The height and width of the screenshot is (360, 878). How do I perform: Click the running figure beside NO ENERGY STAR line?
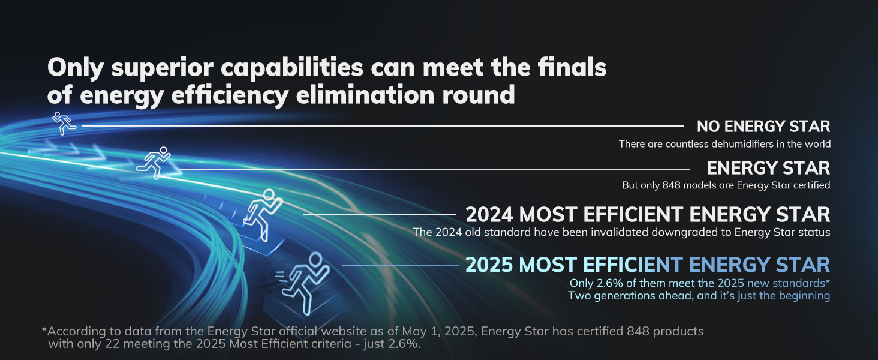pyautogui.click(x=64, y=123)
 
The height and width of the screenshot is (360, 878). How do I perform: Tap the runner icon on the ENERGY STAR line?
pyautogui.click(x=154, y=163)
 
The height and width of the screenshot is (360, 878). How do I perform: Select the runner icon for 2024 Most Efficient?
pyautogui.click(x=262, y=215)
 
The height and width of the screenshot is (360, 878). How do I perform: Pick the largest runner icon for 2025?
pyautogui.click(x=303, y=283)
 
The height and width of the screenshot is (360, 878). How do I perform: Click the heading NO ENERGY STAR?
pyautogui.click(x=763, y=126)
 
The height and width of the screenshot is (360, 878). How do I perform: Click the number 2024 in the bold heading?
pyautogui.click(x=489, y=215)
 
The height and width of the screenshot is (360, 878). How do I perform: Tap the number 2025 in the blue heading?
pyautogui.click(x=489, y=265)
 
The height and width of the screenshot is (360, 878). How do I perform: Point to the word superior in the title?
pyautogui.click(x=162, y=68)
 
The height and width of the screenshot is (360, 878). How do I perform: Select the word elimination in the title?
pyautogui.click(x=365, y=95)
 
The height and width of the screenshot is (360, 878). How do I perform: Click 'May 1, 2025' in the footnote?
pyautogui.click(x=439, y=332)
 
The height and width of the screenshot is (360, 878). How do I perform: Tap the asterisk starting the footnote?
pyautogui.click(x=44, y=329)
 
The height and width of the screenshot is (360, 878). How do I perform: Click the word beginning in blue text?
pyautogui.click(x=804, y=296)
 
